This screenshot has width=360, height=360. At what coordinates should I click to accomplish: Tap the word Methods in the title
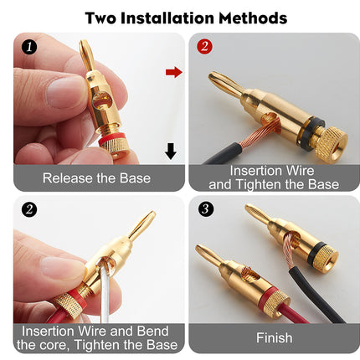(x=255, y=18)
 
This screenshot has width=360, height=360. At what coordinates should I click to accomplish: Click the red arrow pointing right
(x=173, y=72)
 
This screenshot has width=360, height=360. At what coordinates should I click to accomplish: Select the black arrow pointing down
(x=171, y=151)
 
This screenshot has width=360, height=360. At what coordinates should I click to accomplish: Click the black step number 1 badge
(x=30, y=48)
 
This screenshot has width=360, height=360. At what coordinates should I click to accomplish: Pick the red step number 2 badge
(x=203, y=48)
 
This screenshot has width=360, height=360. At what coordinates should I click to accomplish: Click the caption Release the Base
(x=96, y=177)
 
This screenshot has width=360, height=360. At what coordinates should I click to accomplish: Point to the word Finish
(x=274, y=338)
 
